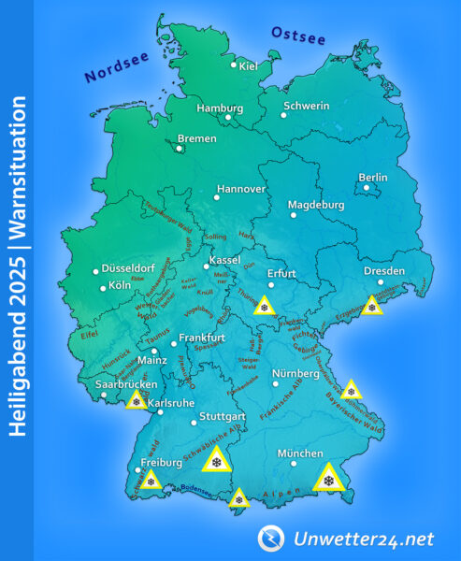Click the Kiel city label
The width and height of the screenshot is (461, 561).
(x=249, y=65)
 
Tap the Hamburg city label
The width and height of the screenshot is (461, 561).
(x=220, y=108)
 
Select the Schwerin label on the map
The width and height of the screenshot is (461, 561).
(x=306, y=106)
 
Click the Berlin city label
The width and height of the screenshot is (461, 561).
(x=373, y=178)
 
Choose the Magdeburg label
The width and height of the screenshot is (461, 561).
(x=315, y=205)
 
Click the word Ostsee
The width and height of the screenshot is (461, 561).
(x=298, y=36)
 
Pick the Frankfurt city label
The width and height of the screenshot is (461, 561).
(x=204, y=337)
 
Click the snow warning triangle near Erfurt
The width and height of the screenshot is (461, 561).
(x=266, y=305)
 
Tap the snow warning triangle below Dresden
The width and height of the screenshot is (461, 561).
(x=373, y=305)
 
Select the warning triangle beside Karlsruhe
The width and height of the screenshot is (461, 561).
(x=137, y=400)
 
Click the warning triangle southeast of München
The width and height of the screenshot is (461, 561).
(x=328, y=479)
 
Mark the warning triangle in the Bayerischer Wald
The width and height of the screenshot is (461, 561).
(x=351, y=390)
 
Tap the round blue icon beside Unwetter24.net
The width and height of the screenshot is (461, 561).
(x=271, y=538)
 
